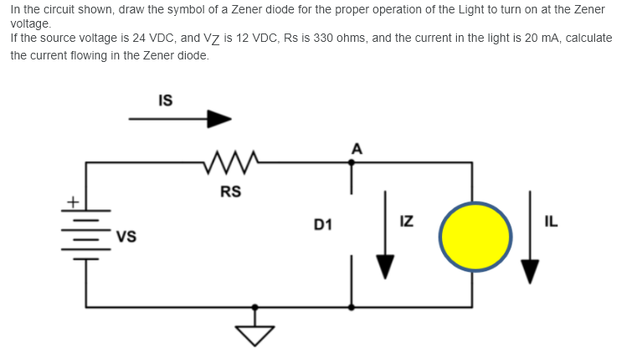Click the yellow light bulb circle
[475, 237]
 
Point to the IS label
[165, 100]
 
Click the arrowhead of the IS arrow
[218, 119]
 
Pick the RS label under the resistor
[230, 192]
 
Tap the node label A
[357, 149]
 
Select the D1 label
[323, 224]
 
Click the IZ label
[406, 222]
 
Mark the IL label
[551, 222]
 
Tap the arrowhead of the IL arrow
[530, 270]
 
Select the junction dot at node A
[352, 162]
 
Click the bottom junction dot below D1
[352, 307]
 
